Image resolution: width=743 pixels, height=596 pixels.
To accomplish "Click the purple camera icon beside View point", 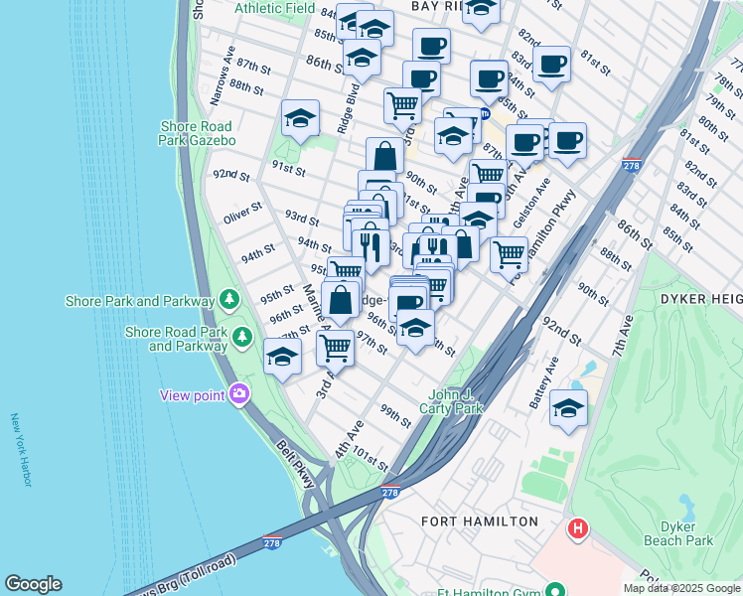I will click(x=238, y=395).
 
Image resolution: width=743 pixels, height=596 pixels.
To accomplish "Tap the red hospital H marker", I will click(x=577, y=529).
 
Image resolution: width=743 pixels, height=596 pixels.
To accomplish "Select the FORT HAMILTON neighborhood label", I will click(x=480, y=521).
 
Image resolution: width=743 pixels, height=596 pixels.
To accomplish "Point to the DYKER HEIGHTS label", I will click(x=695, y=299).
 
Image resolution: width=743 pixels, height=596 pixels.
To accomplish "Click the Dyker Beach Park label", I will click(x=685, y=534).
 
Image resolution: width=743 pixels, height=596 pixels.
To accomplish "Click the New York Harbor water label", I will click(x=22, y=450).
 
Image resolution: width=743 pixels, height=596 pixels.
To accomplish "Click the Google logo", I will click(x=33, y=584).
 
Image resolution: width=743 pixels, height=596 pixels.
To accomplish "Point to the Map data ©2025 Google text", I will click(x=680, y=588).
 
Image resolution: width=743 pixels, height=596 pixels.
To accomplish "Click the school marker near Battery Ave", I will click(x=568, y=407).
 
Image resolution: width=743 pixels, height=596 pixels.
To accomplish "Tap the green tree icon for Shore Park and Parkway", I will click(x=229, y=299).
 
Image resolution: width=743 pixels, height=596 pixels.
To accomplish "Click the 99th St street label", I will click(x=394, y=416).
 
